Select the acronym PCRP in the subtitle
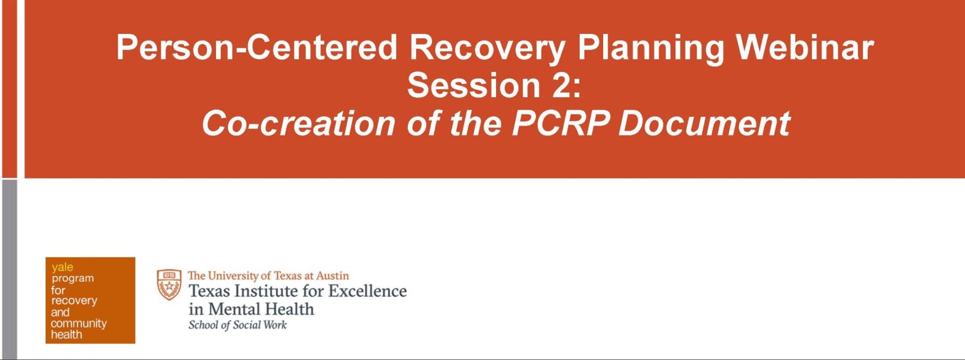(561, 122)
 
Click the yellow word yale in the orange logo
(62, 267)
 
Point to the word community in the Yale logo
(78, 323)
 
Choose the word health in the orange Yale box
(66, 335)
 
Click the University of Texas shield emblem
(169, 284)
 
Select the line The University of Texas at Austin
(268, 276)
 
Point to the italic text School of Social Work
(238, 325)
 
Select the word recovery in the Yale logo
(74, 301)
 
